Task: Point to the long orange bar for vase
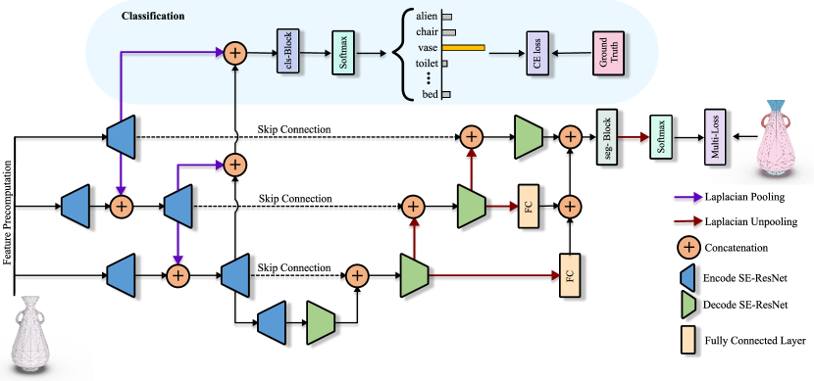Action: point(462,47)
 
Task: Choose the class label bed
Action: point(427,94)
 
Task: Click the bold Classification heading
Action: point(154,18)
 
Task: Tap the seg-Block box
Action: point(605,136)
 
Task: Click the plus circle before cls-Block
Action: point(234,52)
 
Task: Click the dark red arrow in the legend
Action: point(688,222)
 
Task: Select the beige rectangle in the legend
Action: point(687,341)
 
